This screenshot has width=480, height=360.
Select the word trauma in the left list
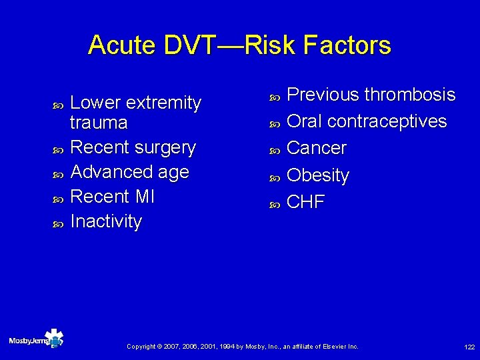point(99,123)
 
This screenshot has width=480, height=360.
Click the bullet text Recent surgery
point(133,147)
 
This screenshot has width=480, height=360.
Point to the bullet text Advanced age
point(129,172)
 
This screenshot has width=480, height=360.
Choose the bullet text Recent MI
point(112,197)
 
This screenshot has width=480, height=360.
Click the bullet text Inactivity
point(106,221)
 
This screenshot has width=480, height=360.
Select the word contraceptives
point(387,121)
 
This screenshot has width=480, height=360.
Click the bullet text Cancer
point(316,148)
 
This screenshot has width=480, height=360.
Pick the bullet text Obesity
point(317,175)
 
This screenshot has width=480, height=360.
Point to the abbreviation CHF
point(305,202)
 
